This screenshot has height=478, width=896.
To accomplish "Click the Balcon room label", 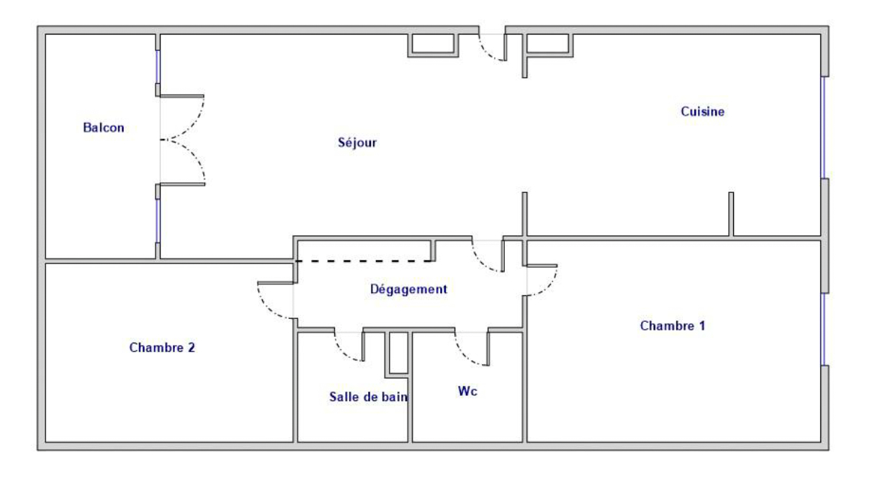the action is click(104, 127).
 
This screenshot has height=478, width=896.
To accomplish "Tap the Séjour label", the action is click(357, 143).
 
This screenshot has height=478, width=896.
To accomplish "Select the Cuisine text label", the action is click(702, 112).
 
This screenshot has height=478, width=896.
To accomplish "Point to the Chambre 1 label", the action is click(673, 325).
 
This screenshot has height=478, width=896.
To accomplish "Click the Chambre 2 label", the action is click(162, 347).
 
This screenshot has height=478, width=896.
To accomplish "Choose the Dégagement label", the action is click(408, 289).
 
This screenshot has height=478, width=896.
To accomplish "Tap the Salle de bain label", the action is click(368, 397).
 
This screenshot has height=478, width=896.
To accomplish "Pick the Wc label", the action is click(467, 391).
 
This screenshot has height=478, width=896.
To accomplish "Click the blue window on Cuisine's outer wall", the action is click(823, 127).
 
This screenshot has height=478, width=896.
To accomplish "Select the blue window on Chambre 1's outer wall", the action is click(823, 329).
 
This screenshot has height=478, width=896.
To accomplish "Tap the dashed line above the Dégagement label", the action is click(364, 261).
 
